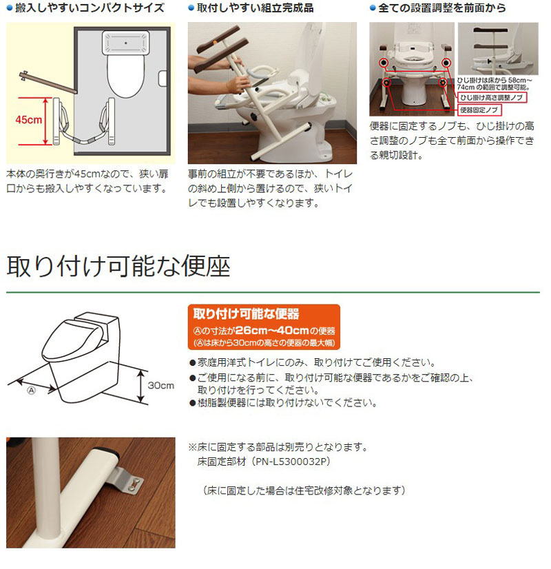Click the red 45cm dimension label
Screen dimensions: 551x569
pyautogui.click(x=28, y=119)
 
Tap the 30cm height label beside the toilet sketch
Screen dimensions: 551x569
pyautogui.click(x=160, y=385)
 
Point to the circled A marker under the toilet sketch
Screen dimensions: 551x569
pyautogui.click(x=32, y=391)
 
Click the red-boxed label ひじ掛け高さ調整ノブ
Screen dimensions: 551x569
pyautogui.click(x=492, y=97)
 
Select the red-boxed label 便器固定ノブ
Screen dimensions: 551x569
pyautogui.click(x=479, y=110)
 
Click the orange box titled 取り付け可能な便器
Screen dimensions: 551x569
pyautogui.click(x=264, y=327)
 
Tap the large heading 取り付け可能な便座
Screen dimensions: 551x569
pyautogui.click(x=118, y=267)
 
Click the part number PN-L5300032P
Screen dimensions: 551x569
pyautogui.click(x=291, y=462)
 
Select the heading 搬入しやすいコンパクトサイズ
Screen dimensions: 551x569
pyautogui.click(x=90, y=8)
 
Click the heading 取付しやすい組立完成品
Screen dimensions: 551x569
pyautogui.click(x=256, y=8)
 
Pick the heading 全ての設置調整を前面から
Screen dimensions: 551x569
pyautogui.click(x=441, y=8)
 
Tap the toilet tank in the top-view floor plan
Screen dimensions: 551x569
pyautogui.click(x=125, y=43)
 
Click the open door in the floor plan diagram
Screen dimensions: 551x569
pyautogui.click(x=48, y=83)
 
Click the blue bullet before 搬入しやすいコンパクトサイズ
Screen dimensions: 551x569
pyautogui.click(x=10, y=8)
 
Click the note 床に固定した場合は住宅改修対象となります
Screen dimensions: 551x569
pyautogui.click(x=304, y=490)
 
